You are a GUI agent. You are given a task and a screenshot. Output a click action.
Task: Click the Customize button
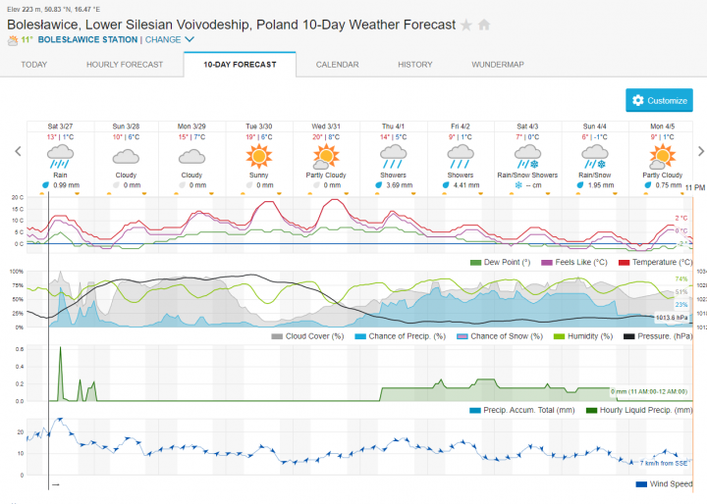tap(659, 100)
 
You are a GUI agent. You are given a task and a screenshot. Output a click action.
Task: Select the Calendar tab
tap(337, 65)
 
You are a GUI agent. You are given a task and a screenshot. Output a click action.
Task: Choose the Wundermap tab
tap(497, 65)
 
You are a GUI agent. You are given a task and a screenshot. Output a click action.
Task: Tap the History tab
tap(414, 65)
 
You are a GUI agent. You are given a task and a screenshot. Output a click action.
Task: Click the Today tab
tap(34, 65)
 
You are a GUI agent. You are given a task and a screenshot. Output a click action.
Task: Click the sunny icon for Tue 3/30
tap(259, 156)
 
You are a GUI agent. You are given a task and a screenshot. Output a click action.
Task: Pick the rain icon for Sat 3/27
tap(60, 156)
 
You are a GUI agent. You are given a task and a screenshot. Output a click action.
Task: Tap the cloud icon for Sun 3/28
tap(126, 156)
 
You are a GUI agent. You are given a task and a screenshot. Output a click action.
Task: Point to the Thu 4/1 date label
tap(393, 126)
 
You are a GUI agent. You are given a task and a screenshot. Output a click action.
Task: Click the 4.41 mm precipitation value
tap(465, 184)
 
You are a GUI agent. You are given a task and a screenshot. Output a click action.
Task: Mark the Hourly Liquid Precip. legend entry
tap(638, 410)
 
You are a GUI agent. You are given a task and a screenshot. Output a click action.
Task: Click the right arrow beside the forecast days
tap(700, 151)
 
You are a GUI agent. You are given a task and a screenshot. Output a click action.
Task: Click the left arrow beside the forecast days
tap(16, 151)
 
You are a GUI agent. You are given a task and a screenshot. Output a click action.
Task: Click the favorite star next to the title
tap(466, 25)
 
